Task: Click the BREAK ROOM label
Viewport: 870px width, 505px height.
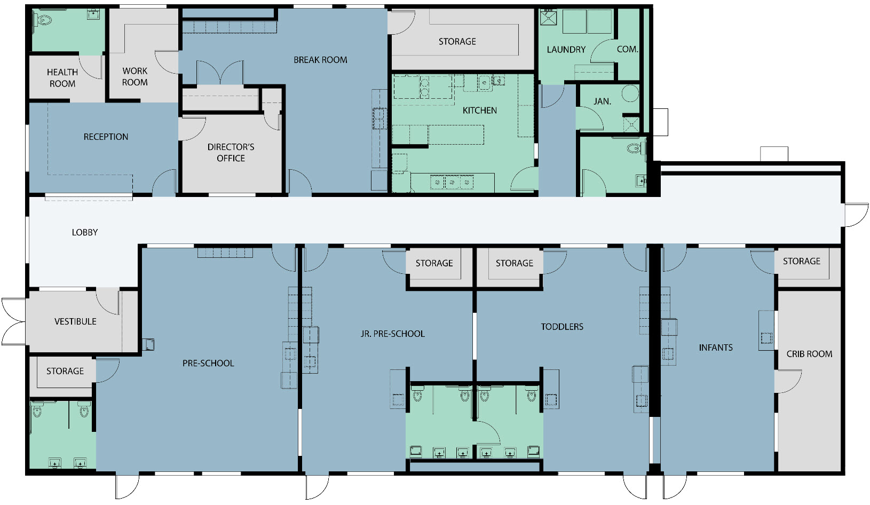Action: tap(320, 60)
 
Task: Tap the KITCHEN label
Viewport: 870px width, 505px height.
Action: tap(480, 111)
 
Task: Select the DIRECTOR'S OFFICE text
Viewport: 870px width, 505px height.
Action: tap(231, 153)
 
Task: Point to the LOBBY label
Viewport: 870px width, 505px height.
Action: tap(85, 232)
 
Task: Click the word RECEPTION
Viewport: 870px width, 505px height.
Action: tap(106, 137)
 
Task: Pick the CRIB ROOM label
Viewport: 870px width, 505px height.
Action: tap(809, 354)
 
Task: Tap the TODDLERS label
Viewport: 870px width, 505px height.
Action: tap(562, 327)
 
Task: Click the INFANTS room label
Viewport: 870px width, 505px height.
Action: tap(716, 348)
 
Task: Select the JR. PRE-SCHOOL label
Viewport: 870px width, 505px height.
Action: tap(392, 334)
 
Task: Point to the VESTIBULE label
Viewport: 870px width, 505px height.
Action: tap(75, 322)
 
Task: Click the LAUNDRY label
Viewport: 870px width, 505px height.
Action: tap(566, 50)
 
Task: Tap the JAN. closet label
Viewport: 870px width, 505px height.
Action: tap(603, 101)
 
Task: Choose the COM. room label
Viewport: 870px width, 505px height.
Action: tap(627, 49)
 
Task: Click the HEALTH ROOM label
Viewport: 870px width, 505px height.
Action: tap(62, 78)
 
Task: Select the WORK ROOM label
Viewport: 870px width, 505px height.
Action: tap(135, 76)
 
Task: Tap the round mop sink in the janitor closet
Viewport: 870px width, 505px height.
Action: tap(630, 93)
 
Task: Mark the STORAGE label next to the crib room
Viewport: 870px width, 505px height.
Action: tap(801, 261)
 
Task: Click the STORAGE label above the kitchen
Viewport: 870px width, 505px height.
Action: tap(457, 42)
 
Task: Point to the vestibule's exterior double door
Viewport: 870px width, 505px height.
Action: tap(14, 322)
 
